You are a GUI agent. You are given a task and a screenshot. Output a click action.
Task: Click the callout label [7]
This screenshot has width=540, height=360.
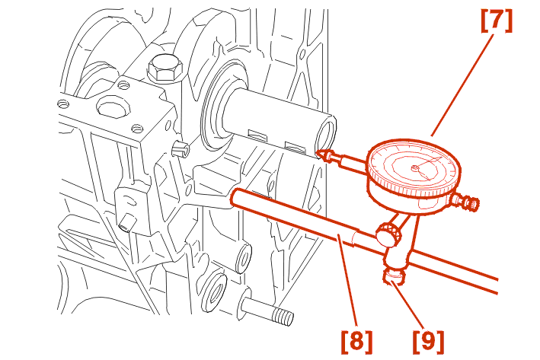point(497,21)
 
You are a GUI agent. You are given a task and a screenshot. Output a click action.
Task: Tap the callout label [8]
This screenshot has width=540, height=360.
point(356,342)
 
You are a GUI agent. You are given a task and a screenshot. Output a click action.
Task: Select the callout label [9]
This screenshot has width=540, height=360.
point(428,342)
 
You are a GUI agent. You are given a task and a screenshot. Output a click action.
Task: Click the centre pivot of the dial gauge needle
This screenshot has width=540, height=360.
point(414,168)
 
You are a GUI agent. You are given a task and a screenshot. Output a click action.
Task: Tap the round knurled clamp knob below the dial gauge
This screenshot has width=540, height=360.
point(388,234)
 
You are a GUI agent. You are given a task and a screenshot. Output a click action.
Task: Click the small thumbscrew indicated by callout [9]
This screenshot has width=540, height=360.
point(392,276)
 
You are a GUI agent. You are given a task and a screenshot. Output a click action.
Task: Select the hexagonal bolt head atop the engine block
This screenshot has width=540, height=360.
point(165,68)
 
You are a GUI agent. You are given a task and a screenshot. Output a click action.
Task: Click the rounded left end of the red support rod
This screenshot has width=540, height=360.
point(235,197)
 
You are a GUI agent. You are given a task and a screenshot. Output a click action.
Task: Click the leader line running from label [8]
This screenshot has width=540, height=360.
point(347,282)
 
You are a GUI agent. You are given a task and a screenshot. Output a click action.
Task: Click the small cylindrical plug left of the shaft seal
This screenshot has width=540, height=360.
point(180,148)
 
